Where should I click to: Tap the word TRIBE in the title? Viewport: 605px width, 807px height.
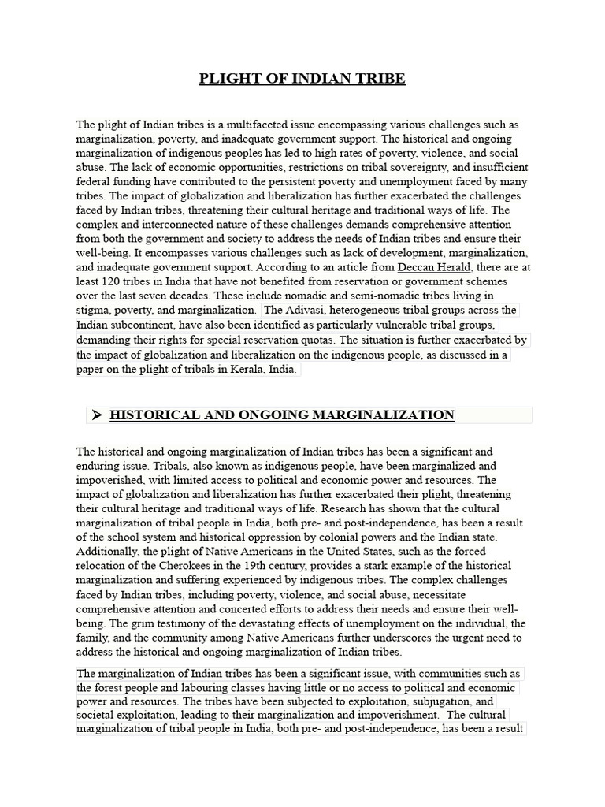(380, 78)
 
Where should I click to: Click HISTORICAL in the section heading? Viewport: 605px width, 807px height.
(161, 415)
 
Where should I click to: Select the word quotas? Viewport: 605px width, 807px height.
(314, 340)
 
